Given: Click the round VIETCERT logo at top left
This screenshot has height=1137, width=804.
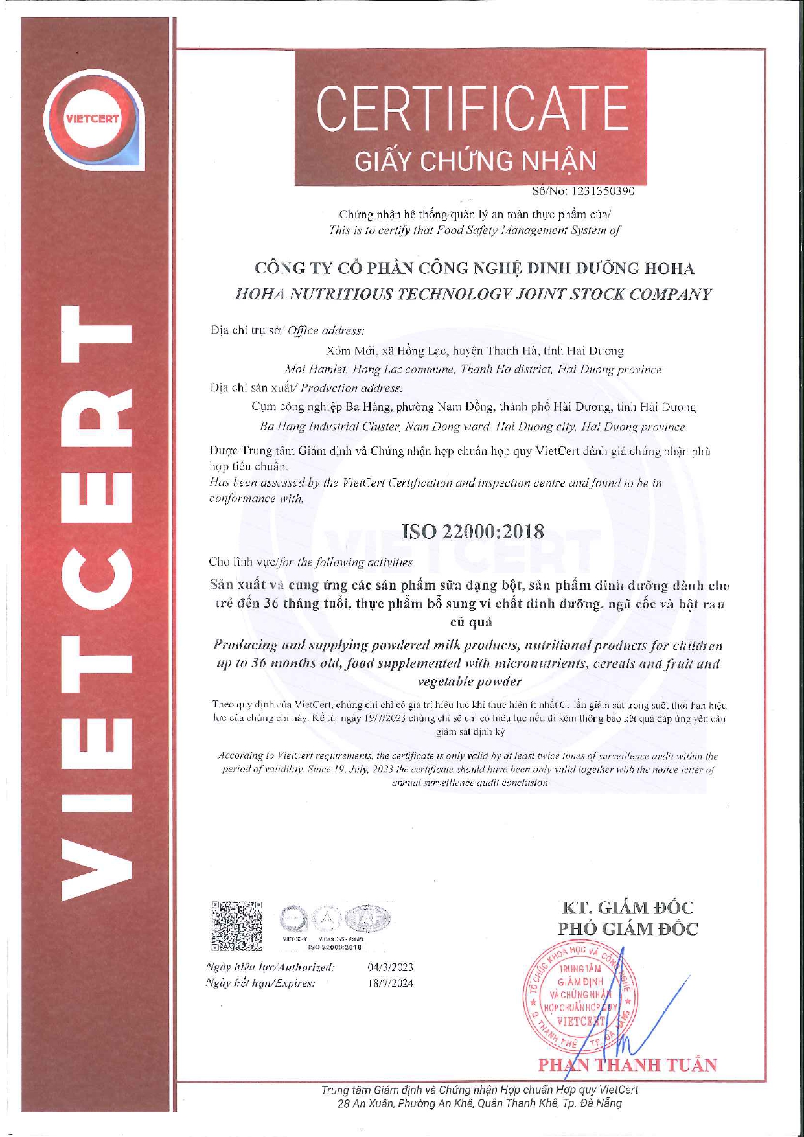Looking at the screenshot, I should [x=92, y=119].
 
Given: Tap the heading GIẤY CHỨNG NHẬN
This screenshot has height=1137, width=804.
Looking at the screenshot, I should [x=475, y=161].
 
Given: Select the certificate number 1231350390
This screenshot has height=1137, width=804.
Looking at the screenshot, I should [x=602, y=192].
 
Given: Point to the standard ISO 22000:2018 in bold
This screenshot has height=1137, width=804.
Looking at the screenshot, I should [x=473, y=533].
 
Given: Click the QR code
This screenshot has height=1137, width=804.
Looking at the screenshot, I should [x=236, y=926].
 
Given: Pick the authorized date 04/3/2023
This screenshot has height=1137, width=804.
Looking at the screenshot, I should [x=390, y=967].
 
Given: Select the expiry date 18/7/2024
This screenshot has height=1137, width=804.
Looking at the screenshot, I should [x=390, y=983].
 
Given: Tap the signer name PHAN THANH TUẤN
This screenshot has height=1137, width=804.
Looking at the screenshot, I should [x=628, y=1065].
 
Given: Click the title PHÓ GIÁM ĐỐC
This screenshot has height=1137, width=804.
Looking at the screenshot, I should [x=628, y=930].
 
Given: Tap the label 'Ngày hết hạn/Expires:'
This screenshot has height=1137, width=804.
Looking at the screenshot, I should [x=260, y=983].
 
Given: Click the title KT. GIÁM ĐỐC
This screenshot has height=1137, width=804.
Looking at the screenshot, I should [x=628, y=908].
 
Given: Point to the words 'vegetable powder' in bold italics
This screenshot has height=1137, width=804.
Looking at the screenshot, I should [x=470, y=682].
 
